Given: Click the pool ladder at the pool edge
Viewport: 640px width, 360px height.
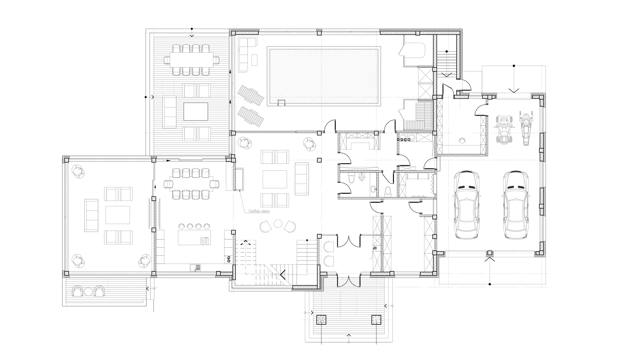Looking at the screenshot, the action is [x=282, y=103].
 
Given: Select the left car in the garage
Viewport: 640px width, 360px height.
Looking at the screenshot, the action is [x=467, y=205].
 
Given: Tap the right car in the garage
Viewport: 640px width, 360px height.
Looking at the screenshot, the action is [x=516, y=205].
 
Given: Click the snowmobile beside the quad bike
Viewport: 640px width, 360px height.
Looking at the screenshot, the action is [x=526, y=129].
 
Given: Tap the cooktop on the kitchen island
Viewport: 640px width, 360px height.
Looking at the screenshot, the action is [x=204, y=240].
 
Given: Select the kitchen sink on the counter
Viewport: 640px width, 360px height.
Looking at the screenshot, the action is [x=195, y=267].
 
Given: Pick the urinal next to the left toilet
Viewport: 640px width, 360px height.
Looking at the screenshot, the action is [x=362, y=177].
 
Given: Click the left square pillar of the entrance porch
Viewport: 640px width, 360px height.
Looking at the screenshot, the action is [x=321, y=320].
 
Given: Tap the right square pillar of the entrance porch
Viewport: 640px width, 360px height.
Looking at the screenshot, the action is [x=376, y=320].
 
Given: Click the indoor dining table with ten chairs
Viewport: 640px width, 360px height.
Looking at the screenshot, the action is [x=191, y=184].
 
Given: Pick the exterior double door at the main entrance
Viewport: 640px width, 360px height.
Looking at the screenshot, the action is [x=349, y=281].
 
